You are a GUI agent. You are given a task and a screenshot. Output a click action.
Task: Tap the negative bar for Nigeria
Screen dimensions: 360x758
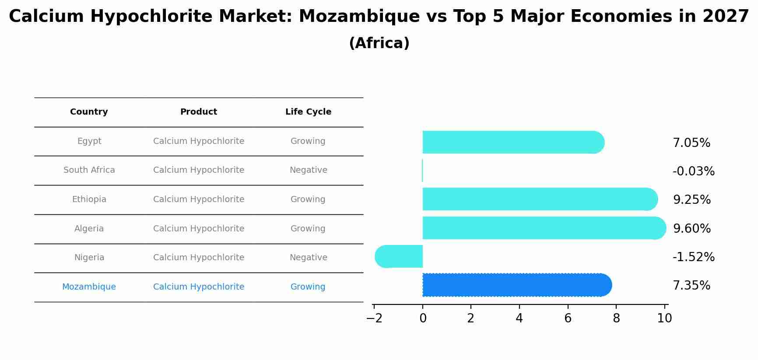(399, 257)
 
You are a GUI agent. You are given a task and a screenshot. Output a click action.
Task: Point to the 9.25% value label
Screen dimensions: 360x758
(691, 200)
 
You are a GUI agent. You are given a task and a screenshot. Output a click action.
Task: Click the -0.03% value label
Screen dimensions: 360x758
(693, 171)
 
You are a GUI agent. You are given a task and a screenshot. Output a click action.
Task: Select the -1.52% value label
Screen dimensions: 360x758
(693, 257)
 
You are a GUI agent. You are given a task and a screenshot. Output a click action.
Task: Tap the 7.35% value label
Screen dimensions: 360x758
(691, 286)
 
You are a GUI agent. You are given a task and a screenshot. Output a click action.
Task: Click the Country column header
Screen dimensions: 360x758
(89, 112)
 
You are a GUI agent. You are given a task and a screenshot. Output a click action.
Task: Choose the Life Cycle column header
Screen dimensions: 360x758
(308, 112)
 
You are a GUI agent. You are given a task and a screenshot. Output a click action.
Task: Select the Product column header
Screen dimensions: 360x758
(199, 112)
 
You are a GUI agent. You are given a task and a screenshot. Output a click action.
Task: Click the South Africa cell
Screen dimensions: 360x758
(89, 170)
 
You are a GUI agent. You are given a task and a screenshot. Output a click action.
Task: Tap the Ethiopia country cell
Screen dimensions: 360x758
(89, 199)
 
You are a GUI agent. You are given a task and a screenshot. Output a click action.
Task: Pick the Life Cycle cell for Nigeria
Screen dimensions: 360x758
(308, 258)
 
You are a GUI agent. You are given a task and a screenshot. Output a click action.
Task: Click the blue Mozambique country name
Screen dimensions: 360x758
(89, 287)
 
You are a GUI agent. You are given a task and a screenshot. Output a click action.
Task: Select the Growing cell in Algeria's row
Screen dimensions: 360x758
(308, 229)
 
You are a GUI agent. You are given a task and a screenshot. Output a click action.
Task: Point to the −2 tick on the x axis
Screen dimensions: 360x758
(374, 318)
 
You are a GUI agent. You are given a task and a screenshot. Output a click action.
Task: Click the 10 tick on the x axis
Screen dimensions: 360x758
(664, 318)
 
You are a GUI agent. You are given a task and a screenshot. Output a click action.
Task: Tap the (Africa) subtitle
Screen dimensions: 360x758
(379, 43)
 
